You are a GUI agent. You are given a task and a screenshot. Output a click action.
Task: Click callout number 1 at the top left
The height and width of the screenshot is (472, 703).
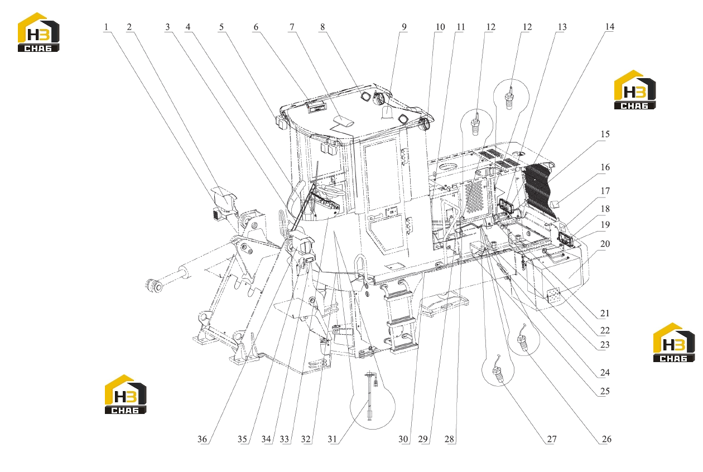pos(106,27)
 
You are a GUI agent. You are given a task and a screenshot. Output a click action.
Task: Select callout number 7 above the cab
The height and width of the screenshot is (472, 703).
pos(292,27)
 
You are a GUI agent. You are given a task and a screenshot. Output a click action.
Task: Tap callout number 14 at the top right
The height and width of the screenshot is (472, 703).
pos(609,27)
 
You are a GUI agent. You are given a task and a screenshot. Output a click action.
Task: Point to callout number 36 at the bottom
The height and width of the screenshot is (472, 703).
pos(202,439)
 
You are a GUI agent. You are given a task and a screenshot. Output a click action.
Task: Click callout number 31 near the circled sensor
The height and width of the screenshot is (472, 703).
pos(333,439)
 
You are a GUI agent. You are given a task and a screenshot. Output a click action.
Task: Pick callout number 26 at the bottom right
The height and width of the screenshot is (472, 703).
pos(606,439)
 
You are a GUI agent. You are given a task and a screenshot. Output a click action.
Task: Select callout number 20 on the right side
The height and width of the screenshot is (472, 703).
pos(605,244)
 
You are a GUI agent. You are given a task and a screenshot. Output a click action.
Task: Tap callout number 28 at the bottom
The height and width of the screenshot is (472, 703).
pos(450,439)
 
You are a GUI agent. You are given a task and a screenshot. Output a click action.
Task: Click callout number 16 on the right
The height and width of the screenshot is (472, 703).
pos(605,167)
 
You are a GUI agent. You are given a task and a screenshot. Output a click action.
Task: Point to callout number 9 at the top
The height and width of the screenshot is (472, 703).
pos(404,27)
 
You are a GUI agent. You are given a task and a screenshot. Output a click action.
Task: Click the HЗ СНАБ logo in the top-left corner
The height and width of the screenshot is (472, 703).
pos(38,32)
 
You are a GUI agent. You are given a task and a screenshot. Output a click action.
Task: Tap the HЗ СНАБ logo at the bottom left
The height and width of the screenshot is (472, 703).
pos(126,394)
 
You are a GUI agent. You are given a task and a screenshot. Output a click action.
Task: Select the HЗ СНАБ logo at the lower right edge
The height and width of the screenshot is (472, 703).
pos(674,343)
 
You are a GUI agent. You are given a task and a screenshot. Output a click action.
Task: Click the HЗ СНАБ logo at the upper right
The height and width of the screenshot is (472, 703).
pos(635,89)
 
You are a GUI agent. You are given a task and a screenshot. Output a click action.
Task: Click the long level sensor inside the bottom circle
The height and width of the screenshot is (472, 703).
pos(370,396)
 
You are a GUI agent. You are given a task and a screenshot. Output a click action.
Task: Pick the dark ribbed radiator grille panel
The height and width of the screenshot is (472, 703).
pos(539,191)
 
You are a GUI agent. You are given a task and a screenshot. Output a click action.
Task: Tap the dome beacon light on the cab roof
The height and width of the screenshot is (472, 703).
pos(387,112)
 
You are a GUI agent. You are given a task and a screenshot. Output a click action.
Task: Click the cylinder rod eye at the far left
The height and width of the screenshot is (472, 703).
pos(153,285)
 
